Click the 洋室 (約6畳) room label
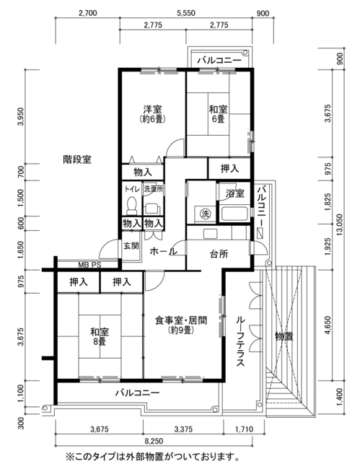point(152,114)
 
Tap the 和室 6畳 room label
point(218,114)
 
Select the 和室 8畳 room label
point(100,336)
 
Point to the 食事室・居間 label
point(181,320)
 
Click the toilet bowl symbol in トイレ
point(131,206)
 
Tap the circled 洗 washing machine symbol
point(205,214)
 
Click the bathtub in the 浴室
point(234,214)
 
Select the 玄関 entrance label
point(131,246)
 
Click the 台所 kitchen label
point(219,254)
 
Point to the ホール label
point(163,251)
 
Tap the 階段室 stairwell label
point(77,159)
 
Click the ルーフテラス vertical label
point(240,341)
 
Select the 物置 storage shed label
point(284,336)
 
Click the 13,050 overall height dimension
point(340,224)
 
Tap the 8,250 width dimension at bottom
point(154,441)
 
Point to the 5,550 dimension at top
point(185,13)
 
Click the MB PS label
point(89,265)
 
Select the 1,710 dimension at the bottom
point(244,429)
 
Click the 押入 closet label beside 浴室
point(229,169)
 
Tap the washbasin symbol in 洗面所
point(152,209)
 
